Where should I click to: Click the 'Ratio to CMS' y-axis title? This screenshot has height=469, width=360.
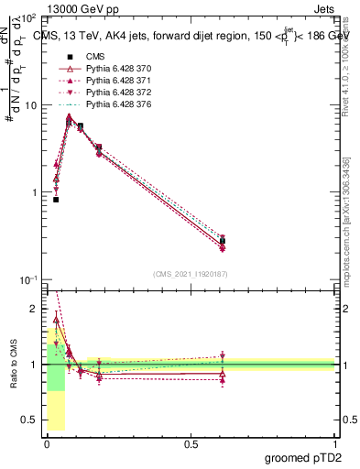click(x=13, y=364)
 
